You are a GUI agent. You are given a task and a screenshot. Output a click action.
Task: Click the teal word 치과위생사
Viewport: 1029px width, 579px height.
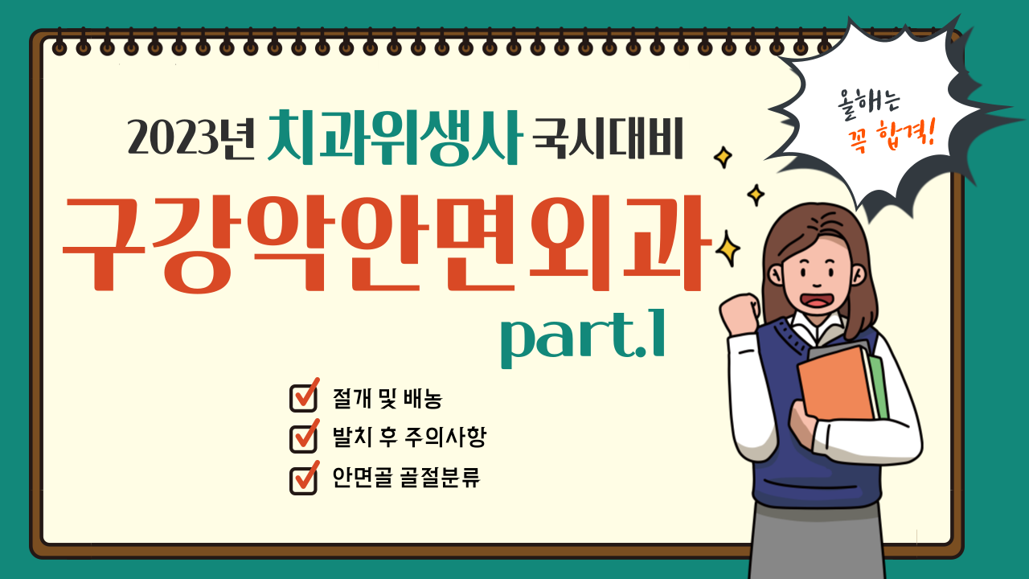pos(395,138)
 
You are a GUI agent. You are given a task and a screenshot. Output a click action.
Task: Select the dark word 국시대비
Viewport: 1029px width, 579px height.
pos(608,138)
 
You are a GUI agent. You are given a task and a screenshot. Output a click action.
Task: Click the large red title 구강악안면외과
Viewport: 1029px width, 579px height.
pos(386,244)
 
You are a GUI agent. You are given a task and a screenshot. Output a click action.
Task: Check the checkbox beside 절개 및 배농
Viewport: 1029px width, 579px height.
pos(304,396)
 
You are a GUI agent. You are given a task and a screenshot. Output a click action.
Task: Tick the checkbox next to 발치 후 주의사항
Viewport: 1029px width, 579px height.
pos(304,437)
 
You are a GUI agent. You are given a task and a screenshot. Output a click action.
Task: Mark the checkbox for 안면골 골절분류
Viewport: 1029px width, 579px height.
pos(304,478)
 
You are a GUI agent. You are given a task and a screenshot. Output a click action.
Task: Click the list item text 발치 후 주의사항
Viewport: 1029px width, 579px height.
pos(409,436)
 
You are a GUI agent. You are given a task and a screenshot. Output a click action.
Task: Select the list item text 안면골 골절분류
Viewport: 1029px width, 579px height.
pos(407,478)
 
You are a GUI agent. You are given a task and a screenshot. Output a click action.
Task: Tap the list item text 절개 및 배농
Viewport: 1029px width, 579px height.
pos(387,398)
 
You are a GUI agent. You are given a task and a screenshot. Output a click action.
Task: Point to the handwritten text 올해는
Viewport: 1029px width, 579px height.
pos(868,105)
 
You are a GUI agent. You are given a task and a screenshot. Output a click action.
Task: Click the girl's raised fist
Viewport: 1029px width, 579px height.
pos(740,314)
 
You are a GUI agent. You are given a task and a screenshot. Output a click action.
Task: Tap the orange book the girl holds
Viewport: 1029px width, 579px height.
pos(837,384)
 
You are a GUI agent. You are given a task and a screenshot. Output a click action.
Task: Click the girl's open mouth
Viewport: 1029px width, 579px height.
pos(817,301)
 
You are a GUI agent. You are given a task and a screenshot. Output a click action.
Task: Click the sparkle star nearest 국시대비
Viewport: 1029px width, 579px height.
pos(723,157)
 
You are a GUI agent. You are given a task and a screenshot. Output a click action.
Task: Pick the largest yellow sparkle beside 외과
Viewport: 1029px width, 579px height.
pos(728,249)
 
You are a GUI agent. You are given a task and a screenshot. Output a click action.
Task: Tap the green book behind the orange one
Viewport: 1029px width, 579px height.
pos(879,386)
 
